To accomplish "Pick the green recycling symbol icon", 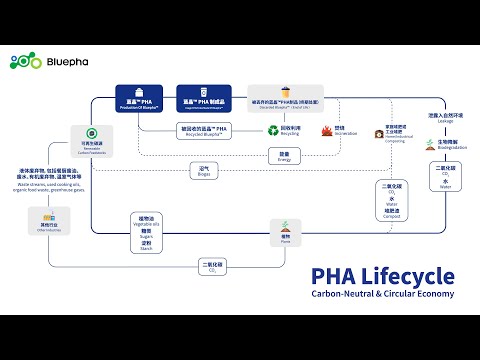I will click(x=272, y=129).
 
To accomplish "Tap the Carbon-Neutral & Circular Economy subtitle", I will click(x=382, y=293).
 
